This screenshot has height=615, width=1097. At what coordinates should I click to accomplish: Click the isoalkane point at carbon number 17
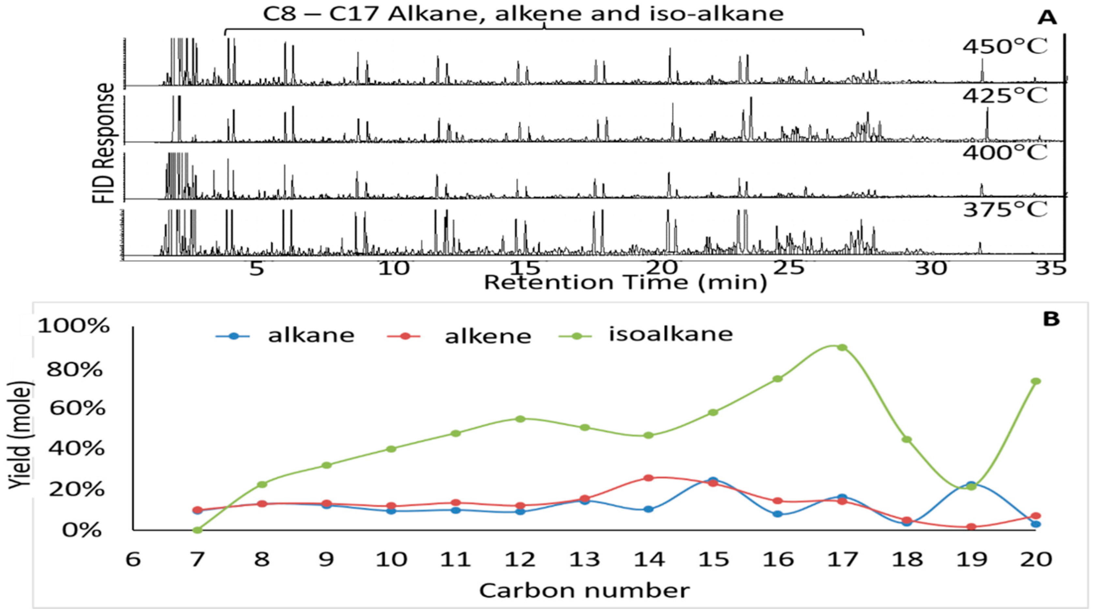841,347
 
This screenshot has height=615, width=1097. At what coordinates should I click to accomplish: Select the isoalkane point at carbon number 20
1036,381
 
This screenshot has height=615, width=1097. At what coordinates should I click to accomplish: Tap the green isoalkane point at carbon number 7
197,530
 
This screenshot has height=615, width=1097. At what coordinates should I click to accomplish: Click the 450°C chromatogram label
1004,47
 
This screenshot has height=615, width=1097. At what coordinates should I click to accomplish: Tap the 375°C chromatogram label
1004,209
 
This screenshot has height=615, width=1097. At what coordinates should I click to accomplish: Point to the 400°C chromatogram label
1004,153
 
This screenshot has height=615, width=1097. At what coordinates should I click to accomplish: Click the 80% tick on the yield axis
75,370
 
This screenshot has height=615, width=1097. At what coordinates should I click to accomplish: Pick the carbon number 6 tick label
133,559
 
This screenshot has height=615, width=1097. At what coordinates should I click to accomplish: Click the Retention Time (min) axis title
625,283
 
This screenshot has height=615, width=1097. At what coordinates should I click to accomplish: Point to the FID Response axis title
103,142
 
